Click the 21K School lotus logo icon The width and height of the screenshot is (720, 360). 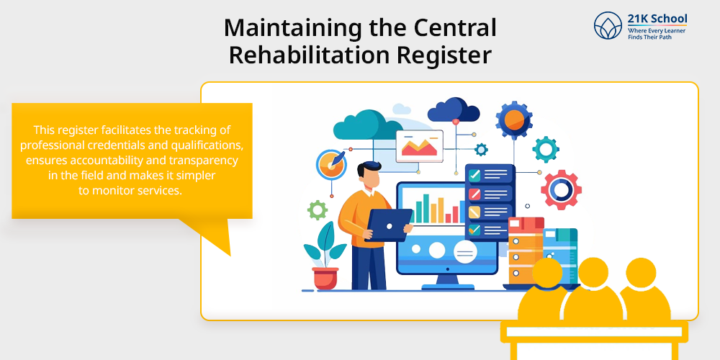(x=608, y=25)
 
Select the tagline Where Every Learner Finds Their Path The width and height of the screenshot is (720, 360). (x=657, y=34)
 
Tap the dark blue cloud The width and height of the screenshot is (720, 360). (x=453, y=110)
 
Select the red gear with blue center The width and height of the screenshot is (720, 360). (x=561, y=189)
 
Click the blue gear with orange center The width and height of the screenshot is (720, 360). (x=514, y=120)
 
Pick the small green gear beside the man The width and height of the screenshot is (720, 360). (x=318, y=210)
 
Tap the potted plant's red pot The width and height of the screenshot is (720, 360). (x=325, y=278)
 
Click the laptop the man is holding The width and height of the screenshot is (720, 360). (x=389, y=225)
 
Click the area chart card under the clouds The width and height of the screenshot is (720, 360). (x=419, y=146)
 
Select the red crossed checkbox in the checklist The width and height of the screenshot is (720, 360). (x=474, y=194)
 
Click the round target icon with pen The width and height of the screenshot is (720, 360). (x=331, y=164)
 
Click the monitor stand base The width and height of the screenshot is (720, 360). (x=447, y=287)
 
